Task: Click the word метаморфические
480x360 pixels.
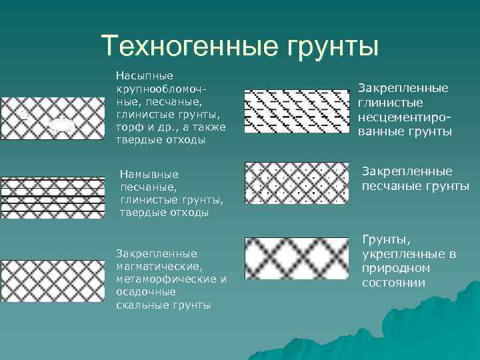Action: pyautogui.click(x=166, y=279)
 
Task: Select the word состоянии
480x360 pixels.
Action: pyautogui.click(x=394, y=283)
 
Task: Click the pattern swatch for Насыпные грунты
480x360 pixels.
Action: pyautogui.click(x=52, y=117)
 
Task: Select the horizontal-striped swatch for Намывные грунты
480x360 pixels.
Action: pyautogui.click(x=52, y=197)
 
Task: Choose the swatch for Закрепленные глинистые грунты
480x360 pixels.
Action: pyautogui.click(x=296, y=109)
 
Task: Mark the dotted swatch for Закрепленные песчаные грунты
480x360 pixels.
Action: pyautogui.click(x=296, y=183)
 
